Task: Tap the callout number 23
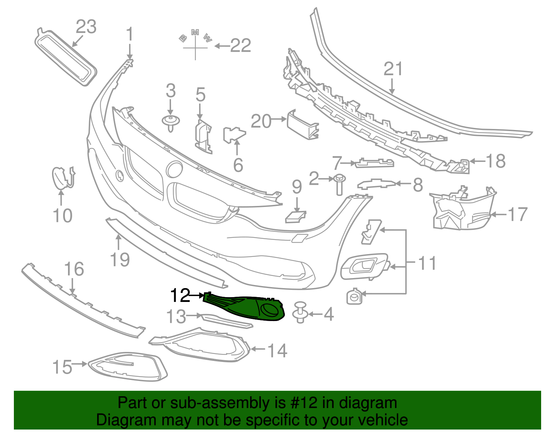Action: pyautogui.click(x=86, y=27)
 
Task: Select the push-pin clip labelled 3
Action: pyautogui.click(x=171, y=123)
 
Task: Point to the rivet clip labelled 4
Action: pyautogui.click(x=300, y=312)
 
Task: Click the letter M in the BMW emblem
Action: pyautogui.click(x=195, y=32)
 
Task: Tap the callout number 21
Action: pyautogui.click(x=393, y=69)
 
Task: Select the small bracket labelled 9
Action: pyautogui.click(x=295, y=217)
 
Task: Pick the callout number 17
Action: pyautogui.click(x=518, y=214)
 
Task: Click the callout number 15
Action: pyautogui.click(x=62, y=367)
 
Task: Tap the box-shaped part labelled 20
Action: pyautogui.click(x=303, y=125)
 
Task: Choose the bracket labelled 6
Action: pyautogui.click(x=234, y=135)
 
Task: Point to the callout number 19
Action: pyautogui.click(x=120, y=260)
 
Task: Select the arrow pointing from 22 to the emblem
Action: pyautogui.click(x=222, y=46)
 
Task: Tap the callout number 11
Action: pyautogui.click(x=427, y=263)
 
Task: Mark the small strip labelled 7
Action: pyautogui.click(x=374, y=163)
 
